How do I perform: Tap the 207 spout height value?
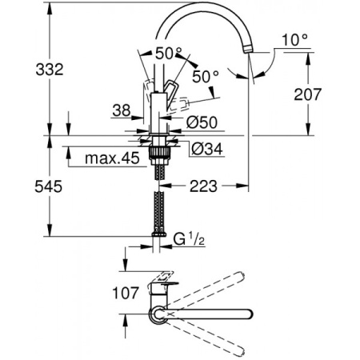(x=334, y=95)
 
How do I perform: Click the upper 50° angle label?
(x=170, y=52)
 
